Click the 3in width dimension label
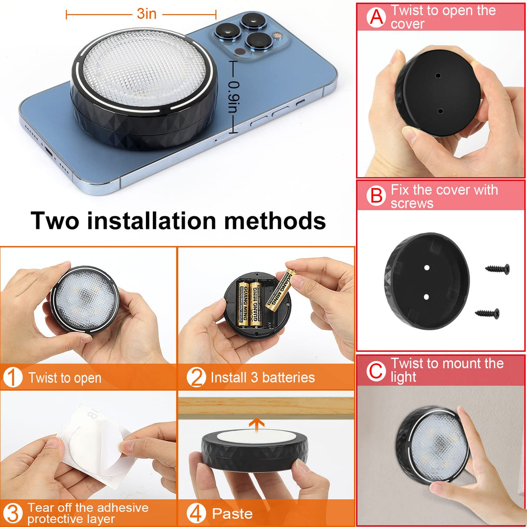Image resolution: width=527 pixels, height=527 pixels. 147,14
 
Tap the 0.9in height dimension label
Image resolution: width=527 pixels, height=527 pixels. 234,97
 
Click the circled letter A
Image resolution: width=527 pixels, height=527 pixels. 376,17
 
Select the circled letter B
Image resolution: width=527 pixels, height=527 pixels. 376,196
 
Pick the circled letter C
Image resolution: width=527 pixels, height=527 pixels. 376,371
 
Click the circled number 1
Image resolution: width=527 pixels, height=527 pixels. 13,377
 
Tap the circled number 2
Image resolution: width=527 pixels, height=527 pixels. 196,377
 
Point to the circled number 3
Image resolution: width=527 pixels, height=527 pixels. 13,514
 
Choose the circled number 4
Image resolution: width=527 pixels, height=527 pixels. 196,514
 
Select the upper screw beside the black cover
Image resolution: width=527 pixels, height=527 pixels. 497,269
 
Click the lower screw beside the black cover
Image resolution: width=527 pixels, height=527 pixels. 487,313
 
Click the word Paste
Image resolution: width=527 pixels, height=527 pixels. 232,514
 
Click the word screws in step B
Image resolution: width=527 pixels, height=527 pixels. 412,203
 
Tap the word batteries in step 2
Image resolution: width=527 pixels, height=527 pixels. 288,378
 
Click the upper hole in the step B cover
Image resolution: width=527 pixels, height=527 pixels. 427,268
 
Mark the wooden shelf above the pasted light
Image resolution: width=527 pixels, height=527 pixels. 266,408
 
